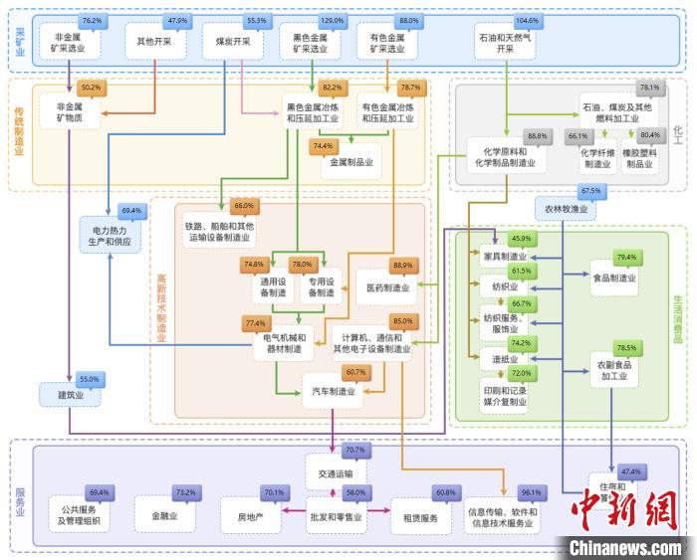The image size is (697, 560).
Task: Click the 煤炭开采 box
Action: (232, 42)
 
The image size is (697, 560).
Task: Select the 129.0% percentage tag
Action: (332, 21)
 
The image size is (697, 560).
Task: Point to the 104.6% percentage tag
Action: (527, 21)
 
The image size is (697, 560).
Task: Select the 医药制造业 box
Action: (387, 287)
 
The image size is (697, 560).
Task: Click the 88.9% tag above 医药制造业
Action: (403, 266)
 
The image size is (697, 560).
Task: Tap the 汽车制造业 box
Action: (334, 391)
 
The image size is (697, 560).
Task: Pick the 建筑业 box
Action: (69, 395)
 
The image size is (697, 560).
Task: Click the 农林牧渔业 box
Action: (565, 210)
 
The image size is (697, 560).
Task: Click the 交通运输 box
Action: (335, 472)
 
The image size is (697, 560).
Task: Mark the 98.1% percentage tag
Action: (531, 492)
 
